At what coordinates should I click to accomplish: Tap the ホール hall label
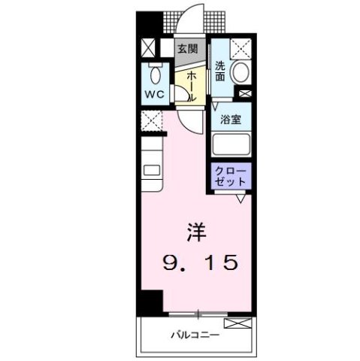click(192, 86)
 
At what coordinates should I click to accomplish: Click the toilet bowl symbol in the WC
click(156, 74)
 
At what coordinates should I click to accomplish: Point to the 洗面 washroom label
click(220, 70)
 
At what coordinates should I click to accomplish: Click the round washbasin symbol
click(241, 73)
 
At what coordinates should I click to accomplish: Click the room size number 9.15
click(201, 262)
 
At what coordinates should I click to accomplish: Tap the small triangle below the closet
click(241, 197)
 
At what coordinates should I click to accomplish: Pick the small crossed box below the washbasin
click(244, 93)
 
